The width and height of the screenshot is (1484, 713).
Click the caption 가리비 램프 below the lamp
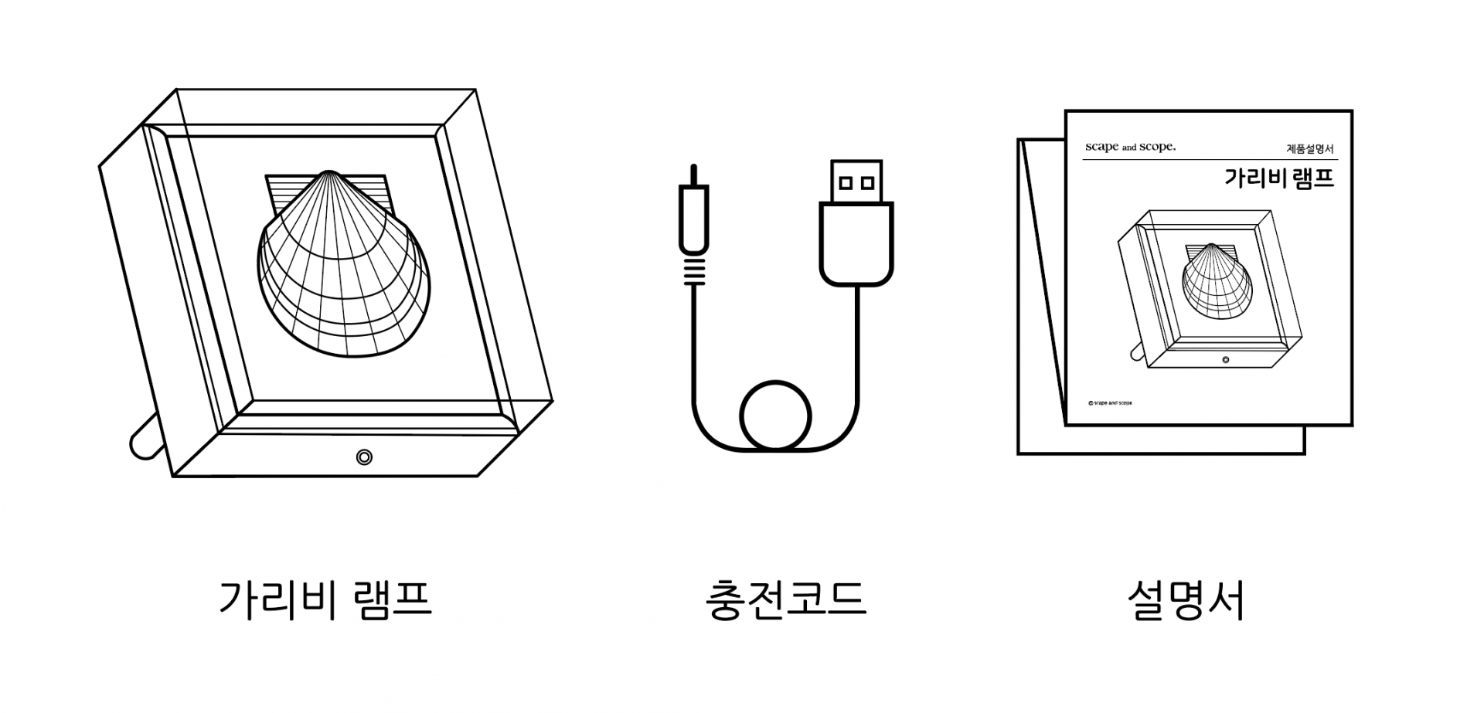click(x=325, y=600)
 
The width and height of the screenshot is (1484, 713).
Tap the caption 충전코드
click(x=785, y=600)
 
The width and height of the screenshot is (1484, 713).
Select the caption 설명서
click(x=1186, y=600)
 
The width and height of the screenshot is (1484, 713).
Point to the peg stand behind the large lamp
click(x=143, y=440)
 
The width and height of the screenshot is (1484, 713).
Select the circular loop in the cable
click(x=775, y=416)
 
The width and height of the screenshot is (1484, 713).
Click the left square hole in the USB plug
click(x=846, y=183)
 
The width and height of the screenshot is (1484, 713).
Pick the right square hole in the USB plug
click(x=867, y=183)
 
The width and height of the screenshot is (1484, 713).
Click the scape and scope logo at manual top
click(x=1130, y=147)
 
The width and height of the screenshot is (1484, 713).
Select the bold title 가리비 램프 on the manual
click(x=1279, y=178)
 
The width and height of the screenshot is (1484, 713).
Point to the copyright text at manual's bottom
click(x=1110, y=402)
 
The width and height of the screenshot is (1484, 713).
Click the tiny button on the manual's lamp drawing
click(x=1225, y=359)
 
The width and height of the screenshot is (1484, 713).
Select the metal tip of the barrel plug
click(x=693, y=175)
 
